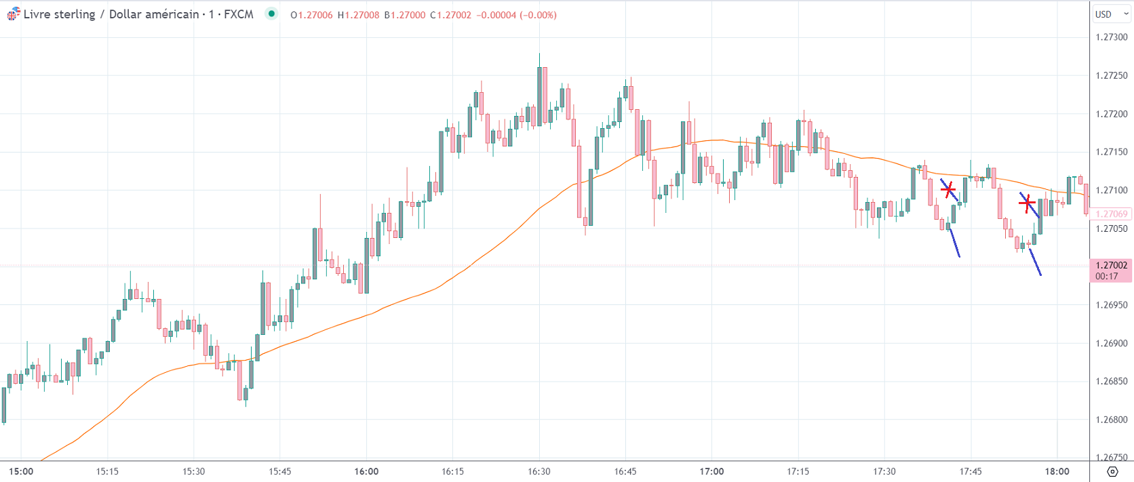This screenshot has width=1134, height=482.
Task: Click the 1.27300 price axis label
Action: [1111, 37]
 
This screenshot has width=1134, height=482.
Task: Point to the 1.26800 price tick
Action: [1111, 420]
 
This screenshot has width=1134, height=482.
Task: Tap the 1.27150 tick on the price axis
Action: [1111, 152]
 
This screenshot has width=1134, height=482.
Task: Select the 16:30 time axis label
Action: [539, 471]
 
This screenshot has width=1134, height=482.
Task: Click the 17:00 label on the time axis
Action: [711, 471]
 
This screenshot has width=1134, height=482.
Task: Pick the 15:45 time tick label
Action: [279, 471]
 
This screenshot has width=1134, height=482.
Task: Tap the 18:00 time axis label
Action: [1057, 471]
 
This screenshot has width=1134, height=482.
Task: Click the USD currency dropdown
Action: [1111, 14]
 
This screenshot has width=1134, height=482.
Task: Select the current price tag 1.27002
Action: [1111, 265]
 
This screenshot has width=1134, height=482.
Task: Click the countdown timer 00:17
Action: [1106, 276]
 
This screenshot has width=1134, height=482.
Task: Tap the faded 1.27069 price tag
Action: [1111, 214]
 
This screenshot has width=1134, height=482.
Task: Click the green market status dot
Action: [271, 14]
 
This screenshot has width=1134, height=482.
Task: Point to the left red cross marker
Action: [948, 188]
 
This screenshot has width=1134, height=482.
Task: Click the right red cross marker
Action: [1027, 202]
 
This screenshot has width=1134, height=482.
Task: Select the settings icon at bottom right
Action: [1112, 471]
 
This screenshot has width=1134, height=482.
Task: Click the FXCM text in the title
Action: [238, 14]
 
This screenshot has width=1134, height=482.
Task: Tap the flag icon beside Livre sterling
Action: [13, 14]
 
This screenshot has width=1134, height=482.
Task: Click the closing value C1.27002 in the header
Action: [450, 15]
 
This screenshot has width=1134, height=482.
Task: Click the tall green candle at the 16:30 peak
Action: [540, 95]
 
